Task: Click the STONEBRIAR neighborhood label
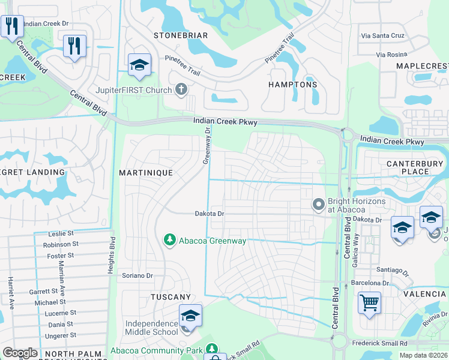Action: click(181, 35)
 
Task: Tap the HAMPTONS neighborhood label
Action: click(292, 85)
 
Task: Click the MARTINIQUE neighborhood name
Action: click(146, 173)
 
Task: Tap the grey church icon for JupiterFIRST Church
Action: click(181, 90)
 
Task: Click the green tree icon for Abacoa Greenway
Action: click(170, 240)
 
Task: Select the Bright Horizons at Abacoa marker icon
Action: click(318, 205)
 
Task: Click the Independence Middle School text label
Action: click(151, 328)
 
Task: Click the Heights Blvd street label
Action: click(112, 251)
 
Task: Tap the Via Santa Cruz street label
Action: click(382, 36)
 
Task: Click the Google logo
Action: click(20, 353)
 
